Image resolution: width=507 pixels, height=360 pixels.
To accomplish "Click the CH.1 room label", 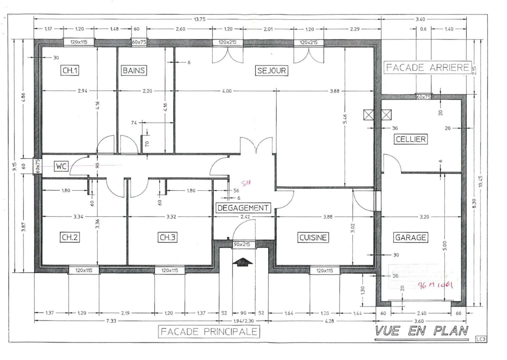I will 70,70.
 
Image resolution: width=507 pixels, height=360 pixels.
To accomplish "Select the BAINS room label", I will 134,70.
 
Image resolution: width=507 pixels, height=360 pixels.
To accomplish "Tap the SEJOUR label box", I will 272,71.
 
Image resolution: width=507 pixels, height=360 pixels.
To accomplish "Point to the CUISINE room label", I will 313,237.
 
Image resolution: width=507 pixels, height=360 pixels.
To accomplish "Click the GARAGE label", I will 411,237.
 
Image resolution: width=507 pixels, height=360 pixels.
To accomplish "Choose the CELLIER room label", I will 411,139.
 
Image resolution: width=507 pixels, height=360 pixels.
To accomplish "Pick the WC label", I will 61,166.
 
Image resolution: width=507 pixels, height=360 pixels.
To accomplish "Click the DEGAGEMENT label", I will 243,208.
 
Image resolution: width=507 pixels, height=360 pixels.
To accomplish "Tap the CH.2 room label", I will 70,237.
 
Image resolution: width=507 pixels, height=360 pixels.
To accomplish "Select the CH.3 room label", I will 167,237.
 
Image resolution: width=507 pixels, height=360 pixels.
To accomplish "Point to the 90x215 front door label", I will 242,245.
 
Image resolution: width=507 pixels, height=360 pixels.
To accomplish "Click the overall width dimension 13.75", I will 199,19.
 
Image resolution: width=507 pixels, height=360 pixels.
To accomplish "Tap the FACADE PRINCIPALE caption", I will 209,332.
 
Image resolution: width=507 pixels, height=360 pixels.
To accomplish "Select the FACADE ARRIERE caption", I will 427,68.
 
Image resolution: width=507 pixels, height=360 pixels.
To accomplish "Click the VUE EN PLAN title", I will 422,331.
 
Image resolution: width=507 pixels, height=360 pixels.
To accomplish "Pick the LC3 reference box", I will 481,339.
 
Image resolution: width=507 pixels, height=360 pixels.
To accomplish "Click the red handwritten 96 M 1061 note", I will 435,285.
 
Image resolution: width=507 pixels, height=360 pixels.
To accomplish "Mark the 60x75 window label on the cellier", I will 424,97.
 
